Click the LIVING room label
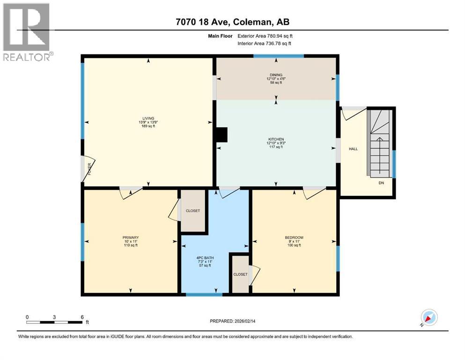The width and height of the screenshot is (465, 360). [x=148, y=118]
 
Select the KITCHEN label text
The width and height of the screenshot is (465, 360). [x=276, y=139]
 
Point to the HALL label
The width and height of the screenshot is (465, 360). [x=353, y=149]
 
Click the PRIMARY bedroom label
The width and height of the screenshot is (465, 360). [x=131, y=237]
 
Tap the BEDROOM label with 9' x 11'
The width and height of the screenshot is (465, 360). [x=294, y=237]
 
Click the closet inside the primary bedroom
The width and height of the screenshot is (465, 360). [x=192, y=211]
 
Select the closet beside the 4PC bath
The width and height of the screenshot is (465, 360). [x=240, y=274]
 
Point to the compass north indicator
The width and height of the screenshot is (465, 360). [x=429, y=317]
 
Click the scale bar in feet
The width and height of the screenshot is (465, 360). [x=54, y=322]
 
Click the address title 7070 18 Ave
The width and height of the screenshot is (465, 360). [x=233, y=22]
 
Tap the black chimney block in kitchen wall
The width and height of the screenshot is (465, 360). [x=221, y=135]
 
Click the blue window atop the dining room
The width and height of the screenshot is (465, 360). [x=279, y=56]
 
